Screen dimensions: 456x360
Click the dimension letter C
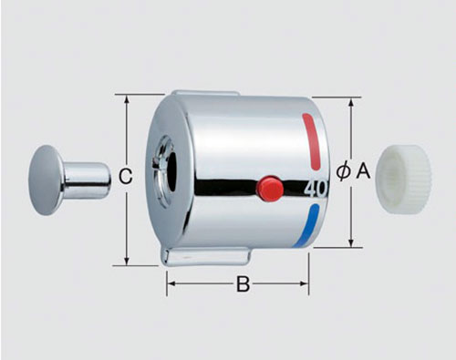[126, 176]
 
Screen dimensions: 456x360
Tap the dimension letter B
[244, 284]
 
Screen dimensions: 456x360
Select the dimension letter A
[363, 170]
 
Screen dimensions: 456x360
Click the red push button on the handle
[270, 188]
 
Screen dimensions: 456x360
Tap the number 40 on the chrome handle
[316, 190]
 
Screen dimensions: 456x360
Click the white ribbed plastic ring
[404, 180]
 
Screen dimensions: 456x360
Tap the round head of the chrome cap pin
[47, 180]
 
